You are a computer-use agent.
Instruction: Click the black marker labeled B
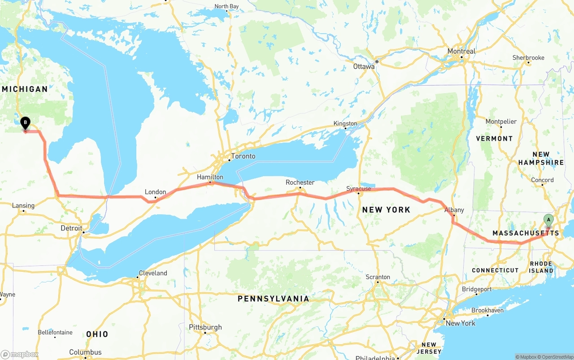(x=26, y=122)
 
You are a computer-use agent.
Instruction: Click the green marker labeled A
(x=548, y=219)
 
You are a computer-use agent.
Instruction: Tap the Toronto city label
(x=243, y=156)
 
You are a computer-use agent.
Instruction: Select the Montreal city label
(x=461, y=52)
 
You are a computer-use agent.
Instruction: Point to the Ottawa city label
(x=364, y=67)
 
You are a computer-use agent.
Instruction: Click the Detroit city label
(x=71, y=228)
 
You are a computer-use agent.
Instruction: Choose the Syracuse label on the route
(x=358, y=189)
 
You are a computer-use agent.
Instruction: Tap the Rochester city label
(x=300, y=182)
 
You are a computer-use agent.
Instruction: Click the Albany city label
(x=454, y=210)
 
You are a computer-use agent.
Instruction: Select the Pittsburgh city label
(x=205, y=327)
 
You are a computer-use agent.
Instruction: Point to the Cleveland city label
(x=152, y=273)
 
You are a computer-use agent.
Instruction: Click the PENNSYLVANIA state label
(x=273, y=299)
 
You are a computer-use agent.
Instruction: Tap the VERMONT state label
(x=494, y=139)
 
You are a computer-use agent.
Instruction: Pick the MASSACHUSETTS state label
(x=526, y=233)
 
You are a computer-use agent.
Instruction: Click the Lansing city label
(x=23, y=206)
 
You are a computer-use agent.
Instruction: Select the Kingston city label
(x=345, y=124)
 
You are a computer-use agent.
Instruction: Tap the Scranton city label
(x=378, y=277)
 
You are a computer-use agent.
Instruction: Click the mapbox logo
(x=20, y=355)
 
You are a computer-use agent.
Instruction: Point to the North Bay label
(x=226, y=6)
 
